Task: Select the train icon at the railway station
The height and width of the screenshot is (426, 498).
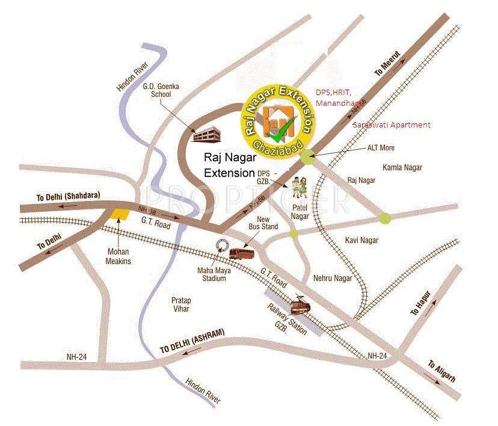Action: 300,307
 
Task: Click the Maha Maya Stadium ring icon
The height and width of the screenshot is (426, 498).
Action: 222,246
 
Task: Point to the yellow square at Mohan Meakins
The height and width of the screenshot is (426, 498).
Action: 120,214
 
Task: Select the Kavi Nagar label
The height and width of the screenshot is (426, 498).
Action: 361,240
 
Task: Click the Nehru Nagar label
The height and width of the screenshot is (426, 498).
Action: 333,279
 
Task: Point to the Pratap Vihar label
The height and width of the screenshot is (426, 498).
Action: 180,304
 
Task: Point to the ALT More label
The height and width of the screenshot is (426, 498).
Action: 381,147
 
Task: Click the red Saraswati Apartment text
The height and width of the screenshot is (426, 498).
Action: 392,125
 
